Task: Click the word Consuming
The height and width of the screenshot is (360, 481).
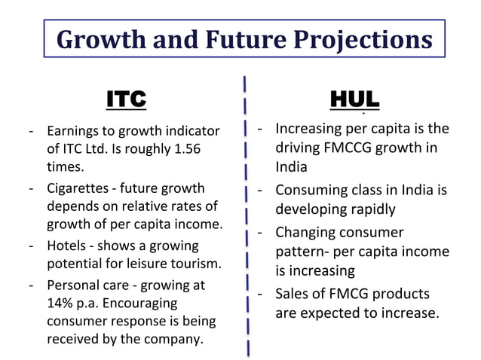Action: point(308,189)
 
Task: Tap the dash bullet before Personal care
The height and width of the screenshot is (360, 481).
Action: point(32,285)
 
